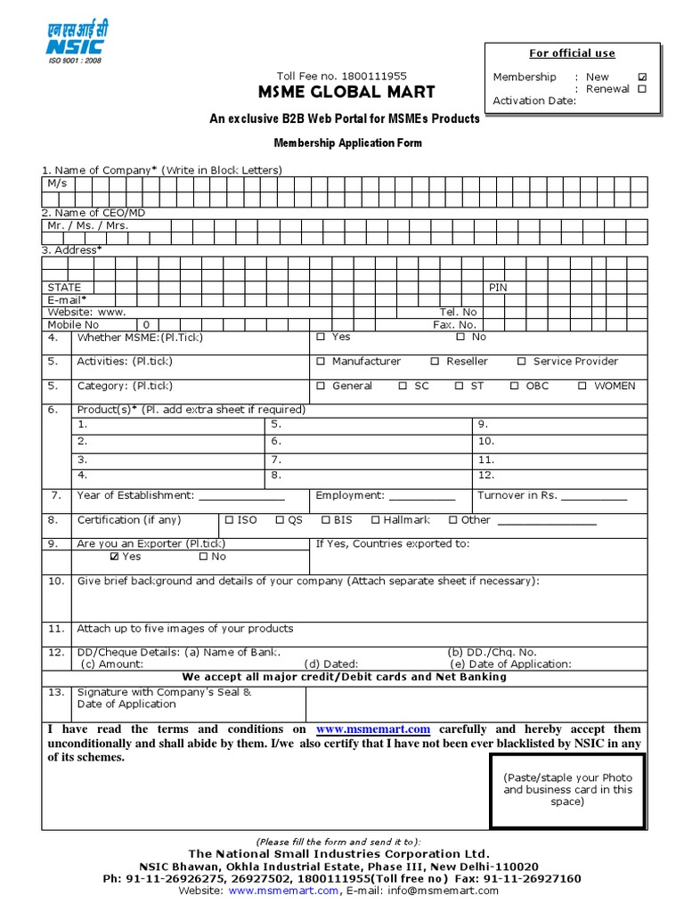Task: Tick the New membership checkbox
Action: [x=642, y=77]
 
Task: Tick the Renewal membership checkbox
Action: [x=642, y=89]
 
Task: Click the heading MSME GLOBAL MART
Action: [x=346, y=93]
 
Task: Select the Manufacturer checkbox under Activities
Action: [x=321, y=362]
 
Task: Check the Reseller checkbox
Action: [x=435, y=362]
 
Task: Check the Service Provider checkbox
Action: [x=522, y=362]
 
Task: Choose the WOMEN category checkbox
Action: [x=582, y=387]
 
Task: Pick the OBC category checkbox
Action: [x=515, y=387]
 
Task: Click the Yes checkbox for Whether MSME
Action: [x=321, y=338]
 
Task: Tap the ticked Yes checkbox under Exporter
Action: [x=114, y=557]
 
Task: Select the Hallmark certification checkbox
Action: [x=376, y=520]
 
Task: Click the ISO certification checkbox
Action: [x=229, y=520]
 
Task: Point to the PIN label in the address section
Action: [x=498, y=288]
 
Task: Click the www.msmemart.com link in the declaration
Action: [x=373, y=729]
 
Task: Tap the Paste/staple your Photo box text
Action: [x=568, y=789]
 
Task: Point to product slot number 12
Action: [x=486, y=476]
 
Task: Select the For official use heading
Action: [x=572, y=53]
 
